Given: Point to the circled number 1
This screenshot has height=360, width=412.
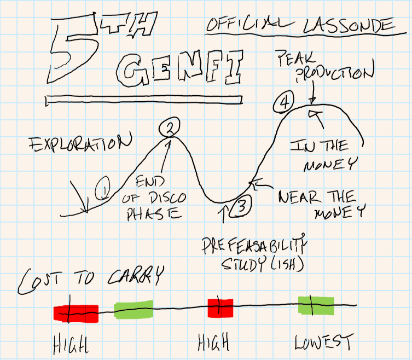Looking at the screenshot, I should click(x=102, y=190).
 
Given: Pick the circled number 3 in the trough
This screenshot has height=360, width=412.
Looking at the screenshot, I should click(x=241, y=206).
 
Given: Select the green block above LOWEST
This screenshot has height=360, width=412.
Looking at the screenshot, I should click(x=315, y=305).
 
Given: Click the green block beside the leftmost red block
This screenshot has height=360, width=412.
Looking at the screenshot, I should click(x=134, y=310).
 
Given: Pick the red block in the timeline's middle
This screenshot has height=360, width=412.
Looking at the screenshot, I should click(x=220, y=307).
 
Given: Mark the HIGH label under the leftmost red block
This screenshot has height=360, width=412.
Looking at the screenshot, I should click(x=71, y=343).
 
